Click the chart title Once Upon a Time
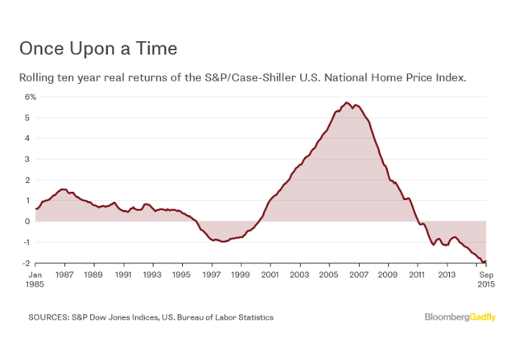(x=97, y=48)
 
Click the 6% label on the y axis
(x=30, y=97)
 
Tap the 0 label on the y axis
(x=34, y=221)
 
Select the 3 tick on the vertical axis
(x=34, y=159)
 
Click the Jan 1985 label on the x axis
(x=35, y=279)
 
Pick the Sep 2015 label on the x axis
(x=485, y=279)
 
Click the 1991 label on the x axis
(x=123, y=275)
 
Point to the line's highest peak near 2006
(x=346, y=103)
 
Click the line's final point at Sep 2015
(x=486, y=262)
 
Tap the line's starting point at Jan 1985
(x=36, y=209)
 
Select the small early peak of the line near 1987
(x=63, y=189)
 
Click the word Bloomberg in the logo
(x=447, y=317)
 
